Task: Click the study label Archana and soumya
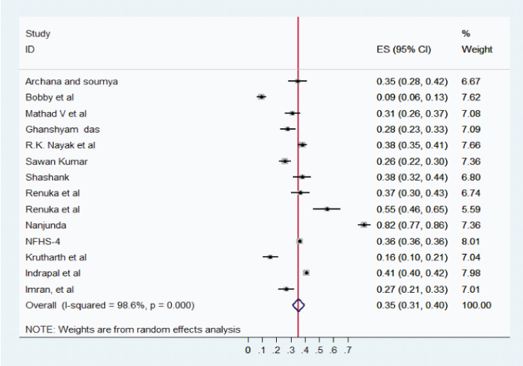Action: point(71,81)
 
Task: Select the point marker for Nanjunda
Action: point(364,225)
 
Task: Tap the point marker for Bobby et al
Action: point(261,97)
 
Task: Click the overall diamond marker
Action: point(298,306)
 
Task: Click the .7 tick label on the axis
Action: point(347,350)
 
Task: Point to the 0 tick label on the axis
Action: point(249,350)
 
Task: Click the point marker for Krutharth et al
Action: point(271,257)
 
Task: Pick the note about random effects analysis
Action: point(132,330)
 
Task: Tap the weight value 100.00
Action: point(476,306)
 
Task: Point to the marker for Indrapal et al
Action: point(307,272)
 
